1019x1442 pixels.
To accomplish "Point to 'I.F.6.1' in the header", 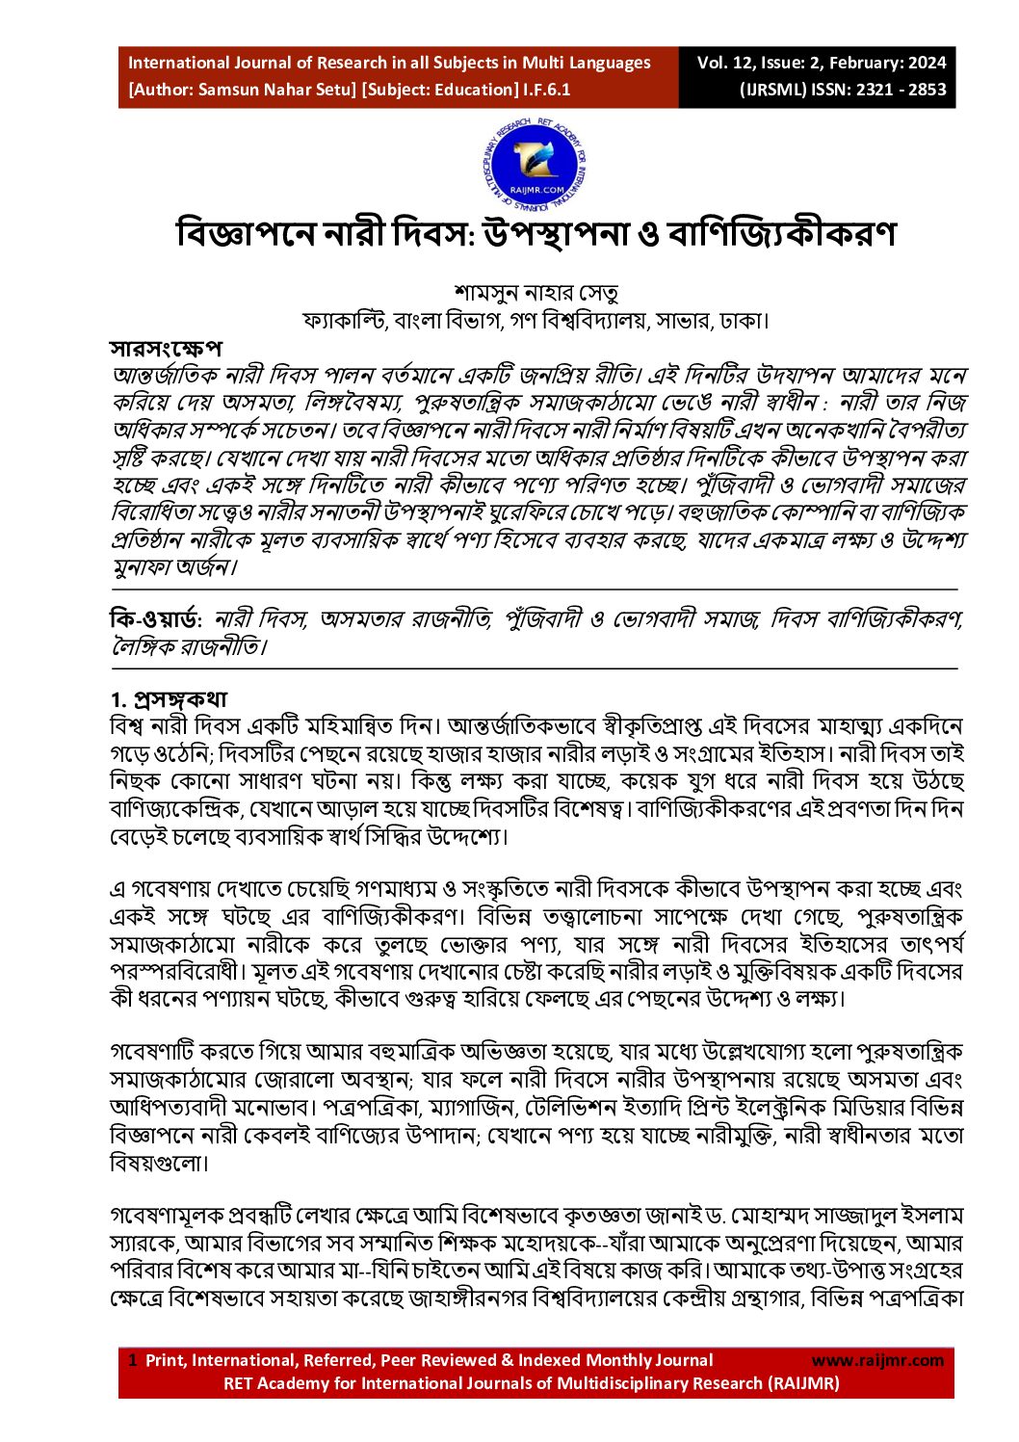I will tap(547, 91).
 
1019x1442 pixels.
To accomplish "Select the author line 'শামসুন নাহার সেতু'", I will tap(536, 292).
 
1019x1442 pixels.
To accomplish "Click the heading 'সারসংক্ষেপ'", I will tap(167, 348).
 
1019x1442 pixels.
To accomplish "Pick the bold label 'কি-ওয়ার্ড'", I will tap(154, 619).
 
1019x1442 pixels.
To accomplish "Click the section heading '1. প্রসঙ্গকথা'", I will tap(169, 698).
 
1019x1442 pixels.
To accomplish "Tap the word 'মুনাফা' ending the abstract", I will tap(142, 566).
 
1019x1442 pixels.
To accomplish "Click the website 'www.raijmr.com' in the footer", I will tap(877, 1360).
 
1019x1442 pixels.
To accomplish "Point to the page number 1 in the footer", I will tap(133, 1360).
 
